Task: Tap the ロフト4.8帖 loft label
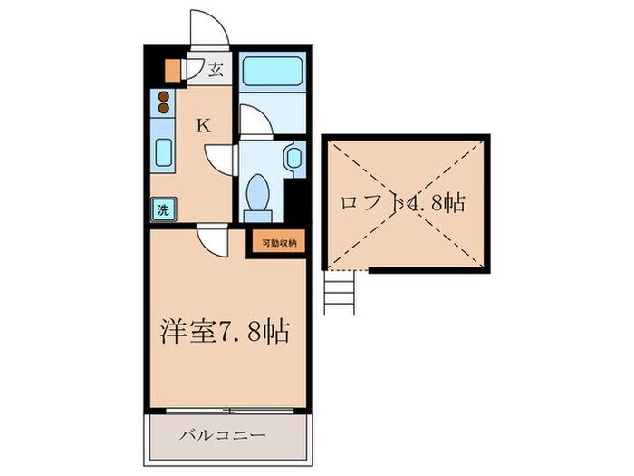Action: pos(403,203)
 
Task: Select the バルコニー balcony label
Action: pos(223,436)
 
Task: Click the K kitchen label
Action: pos(204,126)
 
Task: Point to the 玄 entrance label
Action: pos(216,71)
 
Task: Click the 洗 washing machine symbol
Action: pos(163,209)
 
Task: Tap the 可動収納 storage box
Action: pos(279,244)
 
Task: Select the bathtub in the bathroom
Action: pos(273,72)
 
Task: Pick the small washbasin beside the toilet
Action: pos(294,158)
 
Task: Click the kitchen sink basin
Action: pos(163,152)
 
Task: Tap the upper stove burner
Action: pos(163,97)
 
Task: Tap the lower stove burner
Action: pos(163,108)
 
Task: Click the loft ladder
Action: pos(340,292)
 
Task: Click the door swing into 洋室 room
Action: pos(213,241)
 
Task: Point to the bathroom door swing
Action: pos(256,121)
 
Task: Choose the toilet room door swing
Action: pos(220,160)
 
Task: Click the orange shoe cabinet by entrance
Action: pos(171,70)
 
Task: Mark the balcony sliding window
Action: pos(230,411)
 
